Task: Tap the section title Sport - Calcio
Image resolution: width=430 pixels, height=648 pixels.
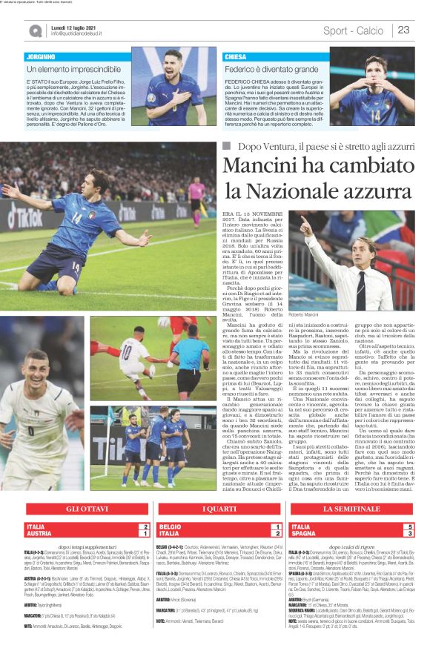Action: click(x=354, y=30)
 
